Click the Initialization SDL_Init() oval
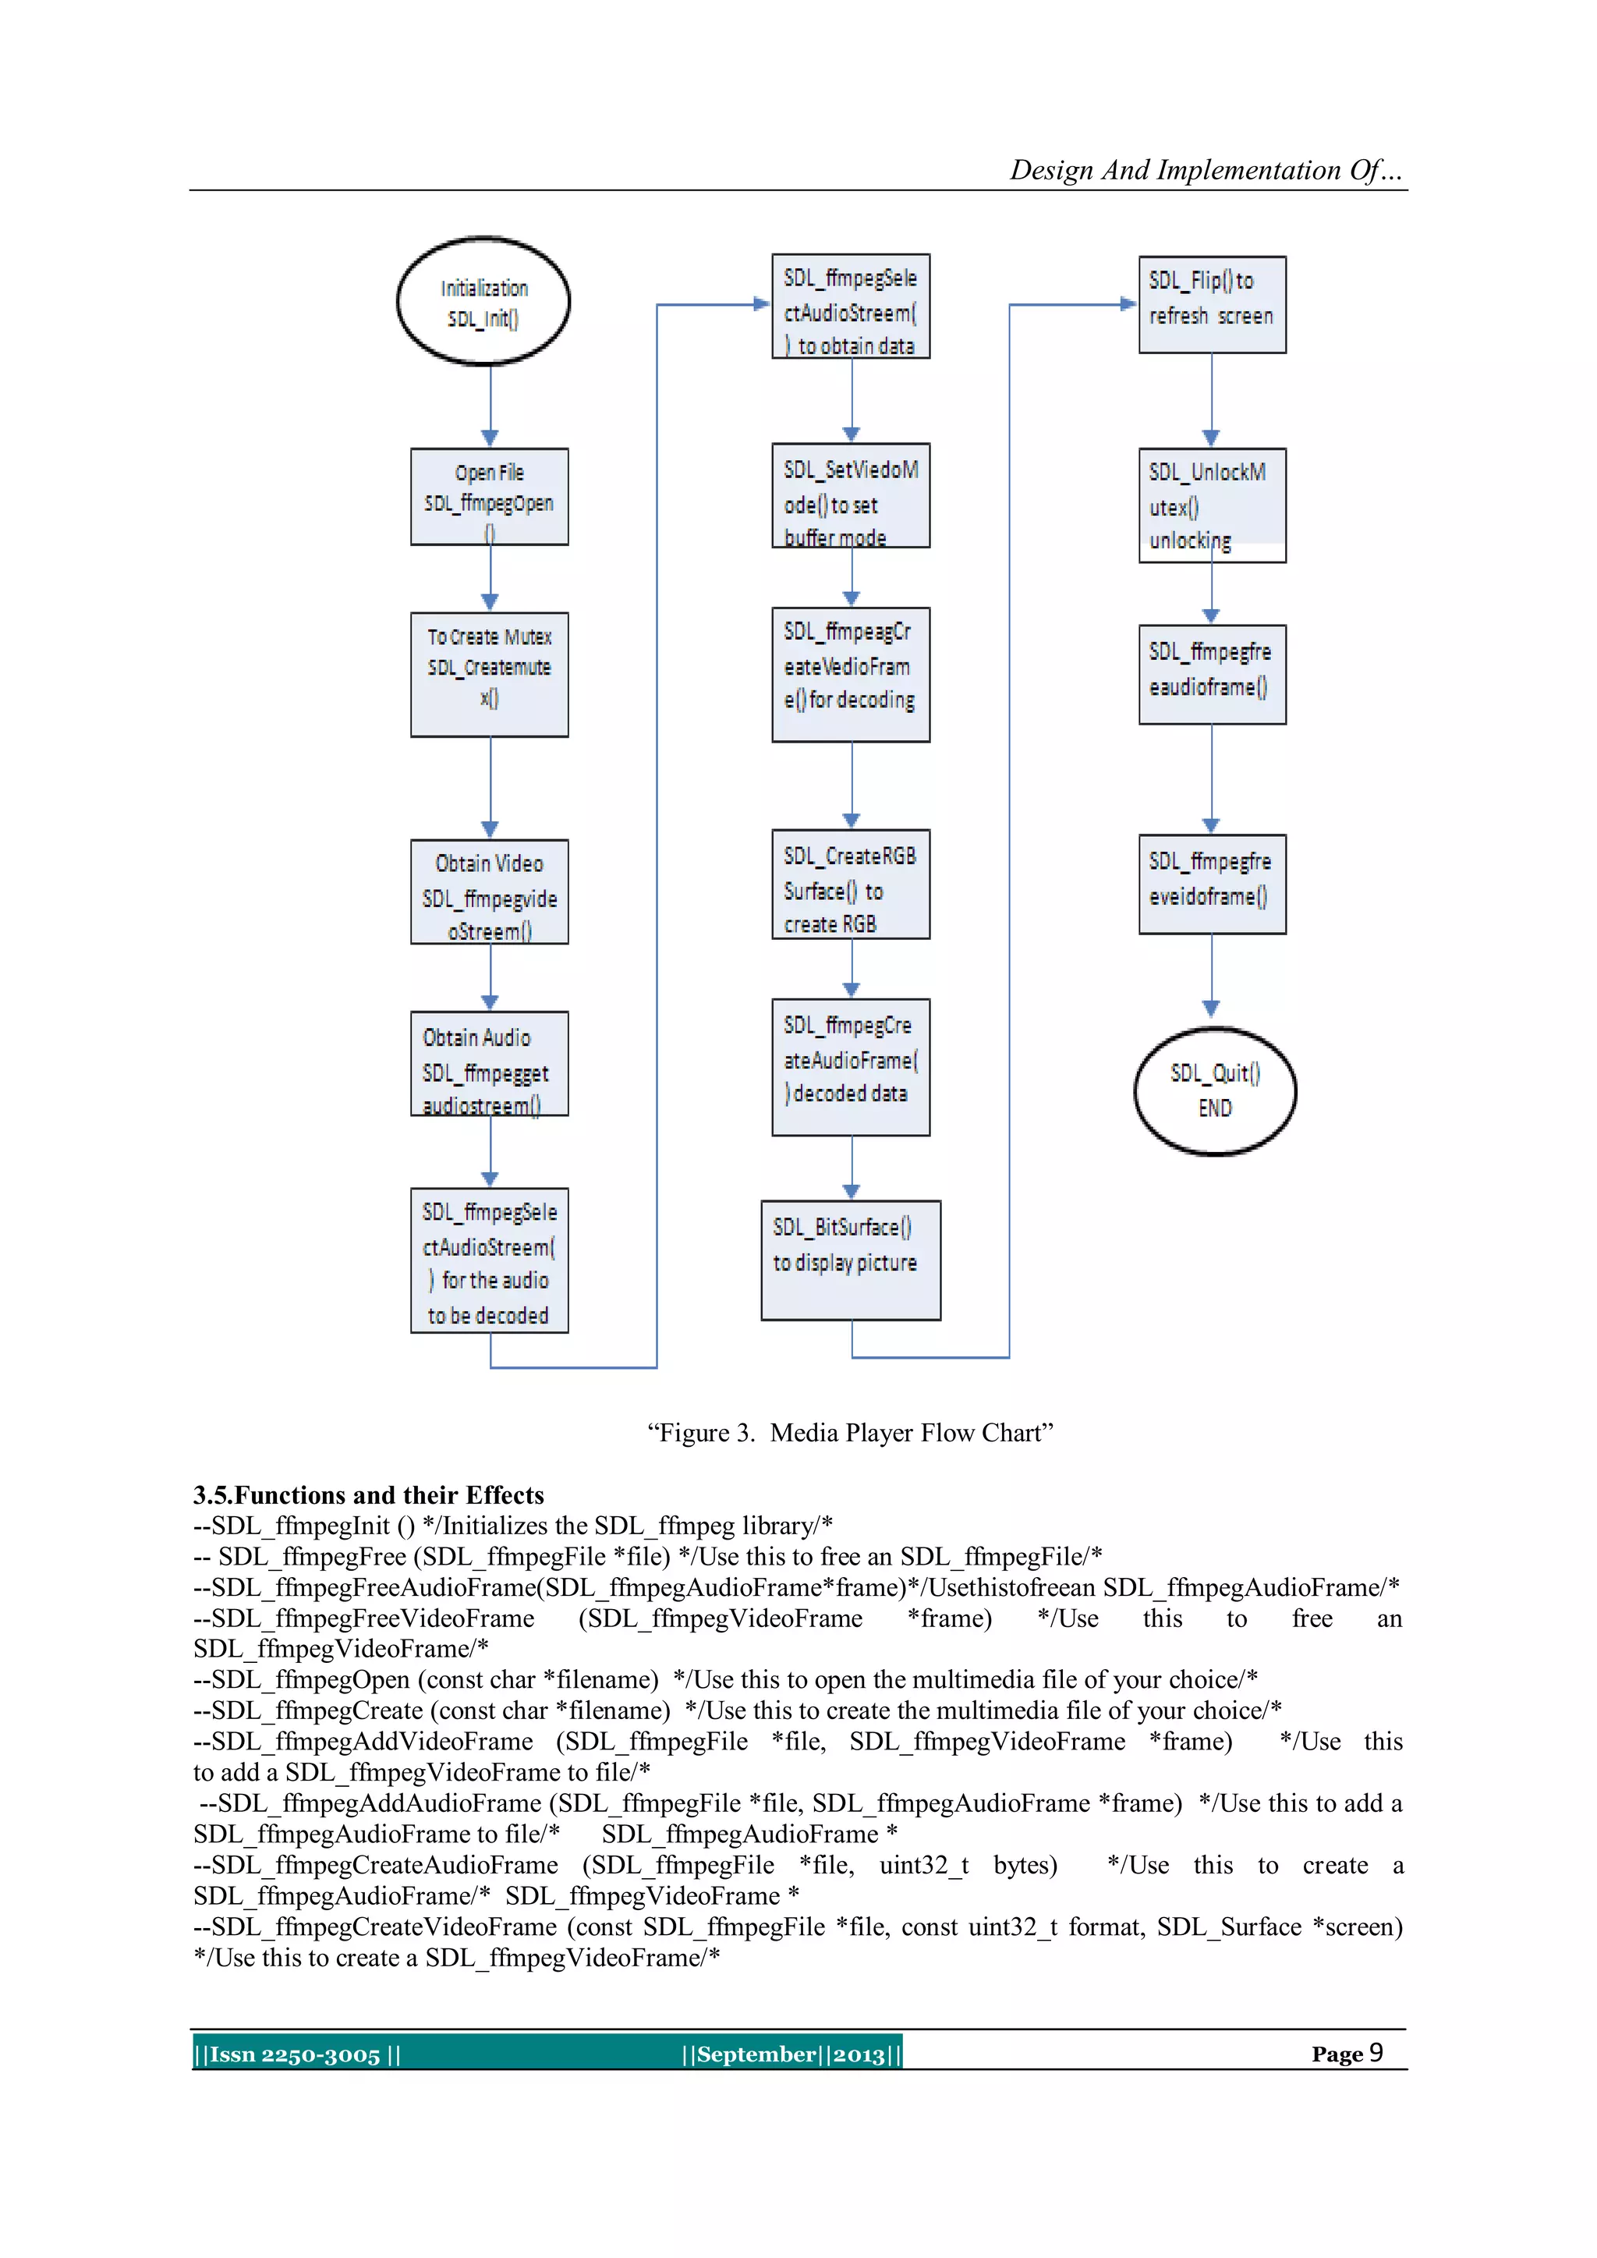point(483,301)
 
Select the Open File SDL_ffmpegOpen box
point(489,497)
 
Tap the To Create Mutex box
point(489,674)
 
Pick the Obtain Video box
point(489,892)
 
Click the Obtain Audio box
point(489,1063)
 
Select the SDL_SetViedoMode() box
point(851,495)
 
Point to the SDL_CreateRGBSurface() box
point(851,884)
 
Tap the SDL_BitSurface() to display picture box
point(851,1260)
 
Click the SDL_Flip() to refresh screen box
point(1212,305)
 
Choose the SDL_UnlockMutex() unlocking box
point(1212,505)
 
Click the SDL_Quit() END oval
point(1216,1090)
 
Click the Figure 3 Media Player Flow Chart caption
point(850,1433)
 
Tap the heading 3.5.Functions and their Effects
point(369,1495)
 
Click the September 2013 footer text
point(791,2054)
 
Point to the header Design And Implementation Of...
point(1205,170)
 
